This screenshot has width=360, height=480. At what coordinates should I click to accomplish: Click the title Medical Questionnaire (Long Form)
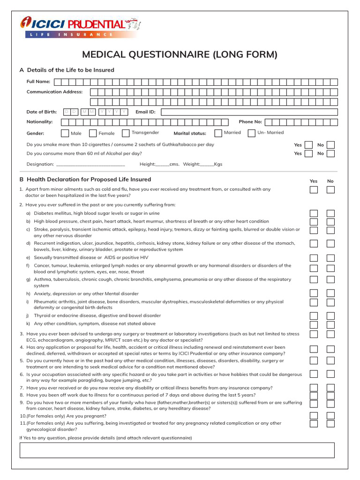(x=180, y=54)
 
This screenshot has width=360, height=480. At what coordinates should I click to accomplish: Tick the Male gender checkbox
(x=65, y=133)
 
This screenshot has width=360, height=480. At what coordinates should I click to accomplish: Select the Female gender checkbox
(x=93, y=133)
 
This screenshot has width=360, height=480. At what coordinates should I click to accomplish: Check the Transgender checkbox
(x=126, y=133)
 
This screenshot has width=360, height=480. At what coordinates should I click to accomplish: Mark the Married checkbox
(x=218, y=133)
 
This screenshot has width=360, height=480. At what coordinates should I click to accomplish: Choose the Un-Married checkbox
(x=252, y=133)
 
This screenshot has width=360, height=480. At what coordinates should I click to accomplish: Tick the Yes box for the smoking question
(x=308, y=145)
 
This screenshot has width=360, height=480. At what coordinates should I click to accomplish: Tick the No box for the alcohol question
(x=330, y=153)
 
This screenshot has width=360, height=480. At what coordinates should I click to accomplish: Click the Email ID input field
(x=249, y=112)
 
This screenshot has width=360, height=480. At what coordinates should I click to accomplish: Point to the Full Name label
(x=38, y=82)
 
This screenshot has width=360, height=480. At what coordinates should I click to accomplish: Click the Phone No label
(x=250, y=122)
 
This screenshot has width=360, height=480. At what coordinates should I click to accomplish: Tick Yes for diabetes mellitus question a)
(x=314, y=213)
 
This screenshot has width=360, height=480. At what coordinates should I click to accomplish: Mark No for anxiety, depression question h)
(x=330, y=293)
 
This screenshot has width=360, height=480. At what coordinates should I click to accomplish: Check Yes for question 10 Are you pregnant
(x=314, y=415)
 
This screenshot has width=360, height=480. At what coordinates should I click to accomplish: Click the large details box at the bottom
(x=177, y=450)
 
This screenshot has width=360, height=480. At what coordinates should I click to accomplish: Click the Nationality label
(x=40, y=122)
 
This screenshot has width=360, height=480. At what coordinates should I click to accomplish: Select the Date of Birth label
(x=42, y=112)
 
